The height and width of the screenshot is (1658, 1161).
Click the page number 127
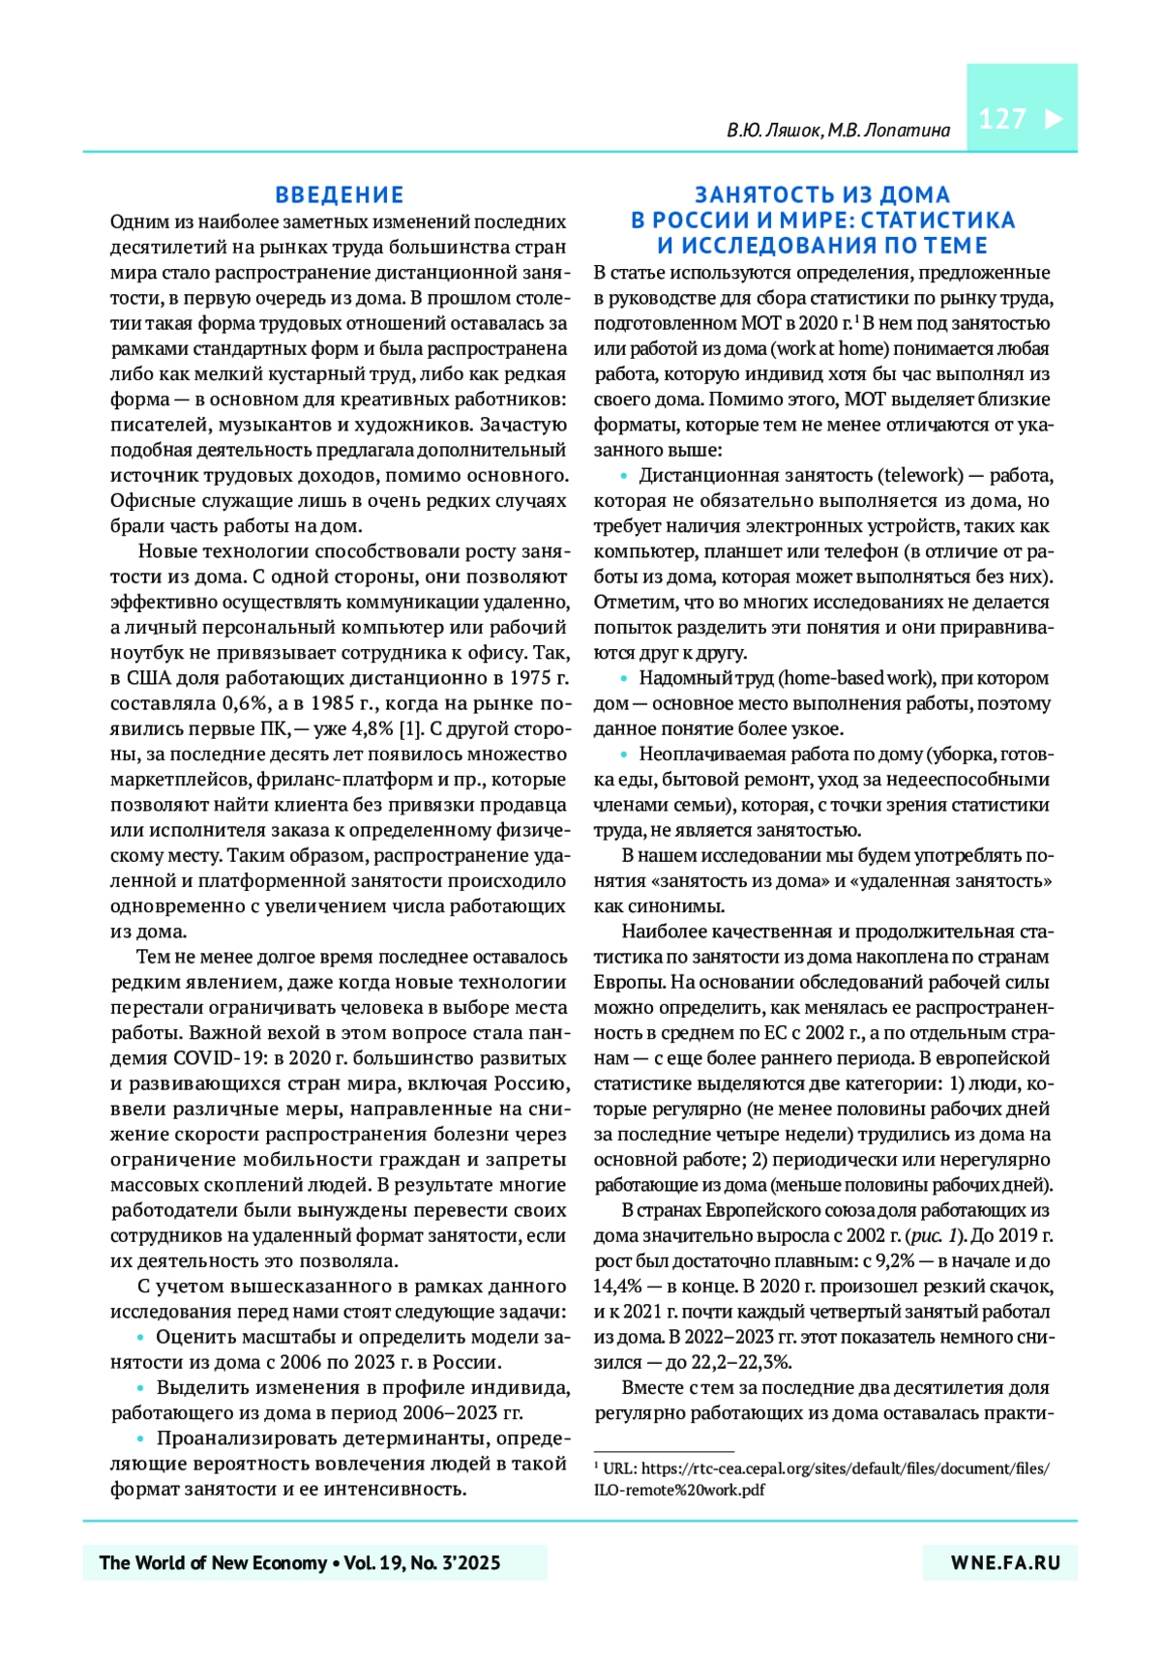tap(1001, 119)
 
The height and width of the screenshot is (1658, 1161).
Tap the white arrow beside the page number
tap(1054, 119)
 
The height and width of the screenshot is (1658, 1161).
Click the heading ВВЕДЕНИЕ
tap(340, 194)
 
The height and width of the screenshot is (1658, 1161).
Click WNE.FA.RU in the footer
tap(1005, 1563)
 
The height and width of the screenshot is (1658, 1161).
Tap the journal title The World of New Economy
tap(213, 1563)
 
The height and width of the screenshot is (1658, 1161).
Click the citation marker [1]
tap(410, 729)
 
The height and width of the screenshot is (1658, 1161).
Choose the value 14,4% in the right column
tap(618, 1287)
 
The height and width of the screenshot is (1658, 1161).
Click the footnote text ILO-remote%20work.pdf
tap(679, 1490)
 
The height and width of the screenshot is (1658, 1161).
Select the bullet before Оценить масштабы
tap(142, 1338)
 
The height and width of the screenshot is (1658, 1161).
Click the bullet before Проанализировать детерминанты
tap(142, 1439)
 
